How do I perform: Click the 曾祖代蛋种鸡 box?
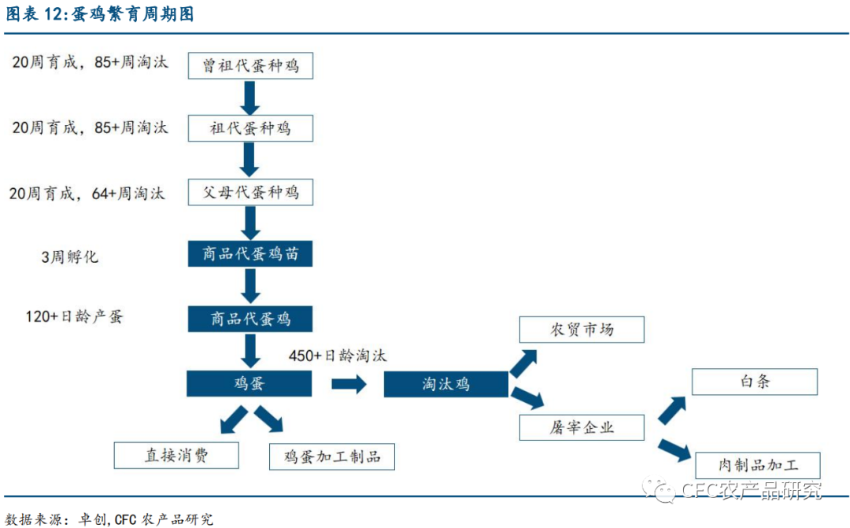coord(250,65)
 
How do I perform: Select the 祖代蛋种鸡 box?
coord(250,128)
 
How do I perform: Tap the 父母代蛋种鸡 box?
coord(250,192)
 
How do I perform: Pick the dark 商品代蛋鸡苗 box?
coord(250,254)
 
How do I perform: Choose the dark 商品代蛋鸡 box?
coord(250,318)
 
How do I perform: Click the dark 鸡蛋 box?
coord(249,383)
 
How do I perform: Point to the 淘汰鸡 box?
coord(445,384)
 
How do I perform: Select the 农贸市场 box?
coord(582,330)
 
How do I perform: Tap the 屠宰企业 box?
coord(582,427)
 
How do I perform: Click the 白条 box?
coord(755,382)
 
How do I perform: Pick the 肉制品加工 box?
coord(758,465)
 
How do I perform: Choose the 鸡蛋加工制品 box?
coord(331,456)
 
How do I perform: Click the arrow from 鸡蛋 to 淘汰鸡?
coord(349,384)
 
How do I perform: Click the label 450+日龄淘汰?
coord(338,355)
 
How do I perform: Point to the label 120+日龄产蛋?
coord(74,317)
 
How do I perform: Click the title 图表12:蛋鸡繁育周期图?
coord(100,15)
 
